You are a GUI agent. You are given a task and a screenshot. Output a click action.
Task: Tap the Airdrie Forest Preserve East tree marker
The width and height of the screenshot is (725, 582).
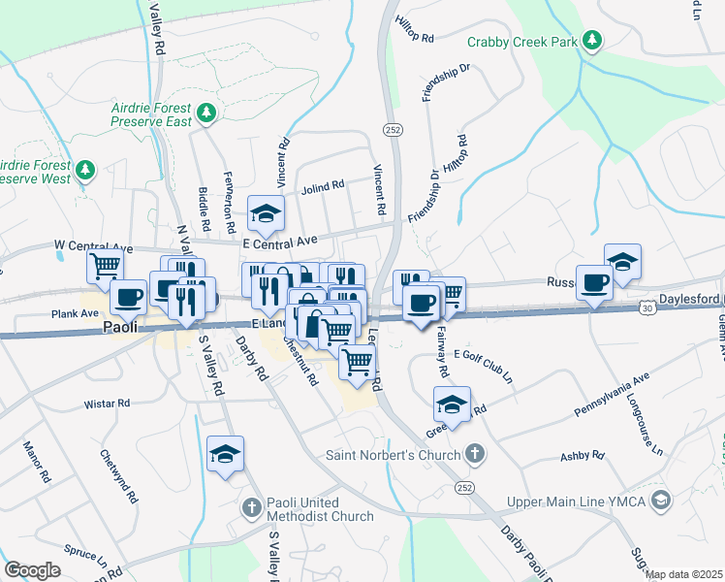(205, 114)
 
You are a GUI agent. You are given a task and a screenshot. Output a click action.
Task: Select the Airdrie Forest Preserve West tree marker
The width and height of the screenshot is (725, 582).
(86, 172)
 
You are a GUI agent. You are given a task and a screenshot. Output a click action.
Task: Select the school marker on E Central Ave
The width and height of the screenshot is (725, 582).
(265, 211)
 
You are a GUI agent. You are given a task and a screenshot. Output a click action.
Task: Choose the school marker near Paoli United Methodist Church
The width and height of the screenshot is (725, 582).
(225, 453)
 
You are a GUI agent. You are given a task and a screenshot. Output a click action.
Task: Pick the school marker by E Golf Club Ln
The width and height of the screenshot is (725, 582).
(452, 403)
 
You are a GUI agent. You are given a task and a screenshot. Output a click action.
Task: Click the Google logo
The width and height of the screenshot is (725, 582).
(33, 570)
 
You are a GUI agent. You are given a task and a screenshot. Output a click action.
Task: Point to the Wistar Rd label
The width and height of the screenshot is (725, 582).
(107, 403)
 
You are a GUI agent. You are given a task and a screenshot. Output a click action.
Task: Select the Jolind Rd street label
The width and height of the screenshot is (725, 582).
(323, 185)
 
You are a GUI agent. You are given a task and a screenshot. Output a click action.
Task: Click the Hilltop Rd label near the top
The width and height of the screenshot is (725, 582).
(414, 37)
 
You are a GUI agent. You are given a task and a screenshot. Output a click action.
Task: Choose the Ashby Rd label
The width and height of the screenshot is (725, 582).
(583, 456)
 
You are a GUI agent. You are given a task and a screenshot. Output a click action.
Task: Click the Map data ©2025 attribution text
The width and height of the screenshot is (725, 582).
(683, 574)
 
